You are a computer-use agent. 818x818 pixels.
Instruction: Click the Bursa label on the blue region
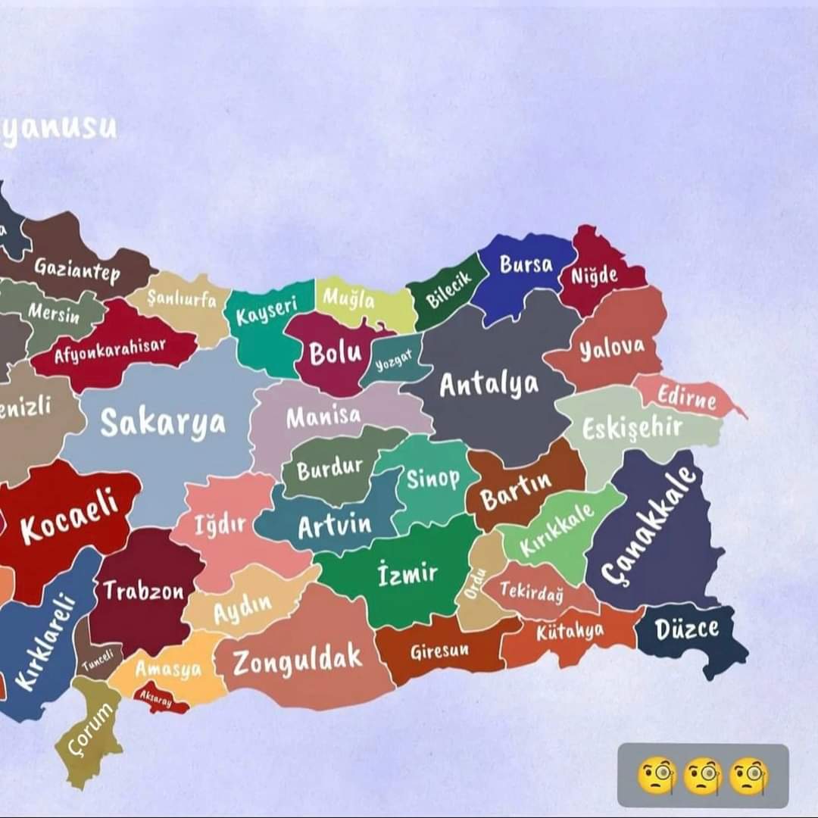[x=526, y=265]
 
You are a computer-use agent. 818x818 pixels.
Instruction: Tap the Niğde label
[x=595, y=276]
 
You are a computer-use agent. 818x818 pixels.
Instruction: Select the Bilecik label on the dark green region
[x=448, y=290]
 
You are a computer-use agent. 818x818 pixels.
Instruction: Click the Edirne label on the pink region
[x=686, y=396]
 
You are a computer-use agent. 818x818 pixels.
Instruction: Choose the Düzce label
[x=686, y=629]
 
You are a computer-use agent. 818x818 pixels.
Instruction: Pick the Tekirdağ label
[x=532, y=592]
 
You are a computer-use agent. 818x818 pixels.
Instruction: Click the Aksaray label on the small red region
[x=155, y=698]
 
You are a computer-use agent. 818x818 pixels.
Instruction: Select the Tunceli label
[x=101, y=661]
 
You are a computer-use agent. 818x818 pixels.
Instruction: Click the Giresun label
[x=439, y=651]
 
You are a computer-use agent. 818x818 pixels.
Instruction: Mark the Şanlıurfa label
[x=182, y=300]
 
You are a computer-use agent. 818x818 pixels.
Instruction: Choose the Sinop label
[x=433, y=479]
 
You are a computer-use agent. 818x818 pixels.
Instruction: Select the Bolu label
[x=335, y=353]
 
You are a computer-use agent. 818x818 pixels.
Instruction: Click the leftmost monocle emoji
[x=656, y=776]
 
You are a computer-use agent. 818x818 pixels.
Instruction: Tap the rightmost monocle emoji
[x=748, y=776]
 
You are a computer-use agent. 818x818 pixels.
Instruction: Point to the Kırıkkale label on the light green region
[x=557, y=531]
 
